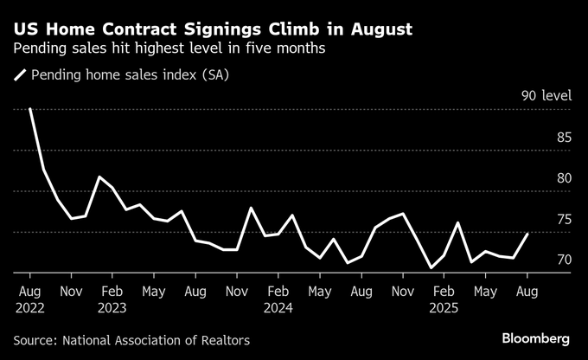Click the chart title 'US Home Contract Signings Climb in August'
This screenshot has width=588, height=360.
(x=213, y=29)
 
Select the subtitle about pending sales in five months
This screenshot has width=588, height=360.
(x=169, y=48)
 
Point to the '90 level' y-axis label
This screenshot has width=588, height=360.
(x=546, y=96)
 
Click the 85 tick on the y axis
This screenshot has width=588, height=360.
(x=563, y=137)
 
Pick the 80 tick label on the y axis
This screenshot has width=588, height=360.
(x=563, y=178)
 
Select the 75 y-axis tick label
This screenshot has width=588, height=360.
(x=563, y=220)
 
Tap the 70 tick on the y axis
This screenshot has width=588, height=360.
(x=563, y=260)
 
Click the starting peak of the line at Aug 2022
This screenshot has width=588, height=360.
(x=30, y=109)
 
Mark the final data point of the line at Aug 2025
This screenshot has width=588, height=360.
(x=527, y=234)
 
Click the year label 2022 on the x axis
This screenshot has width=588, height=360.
(x=30, y=306)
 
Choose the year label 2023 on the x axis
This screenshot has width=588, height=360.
(x=113, y=306)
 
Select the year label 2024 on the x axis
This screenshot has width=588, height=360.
(x=278, y=306)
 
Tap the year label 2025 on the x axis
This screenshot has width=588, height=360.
(x=444, y=306)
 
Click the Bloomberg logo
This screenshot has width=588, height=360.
(x=535, y=337)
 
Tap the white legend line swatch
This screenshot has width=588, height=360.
(x=20, y=76)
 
